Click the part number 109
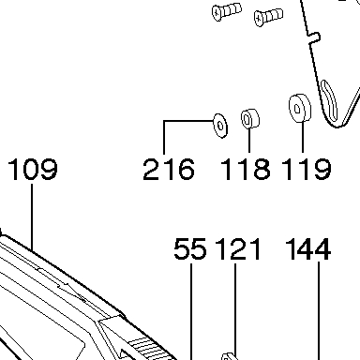33,169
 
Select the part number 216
169,169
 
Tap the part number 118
246,169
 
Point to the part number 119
307,169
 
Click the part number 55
190,248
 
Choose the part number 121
238,248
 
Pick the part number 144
308,248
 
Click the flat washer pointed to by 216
220,126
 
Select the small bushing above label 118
250,118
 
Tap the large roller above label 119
300,108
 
